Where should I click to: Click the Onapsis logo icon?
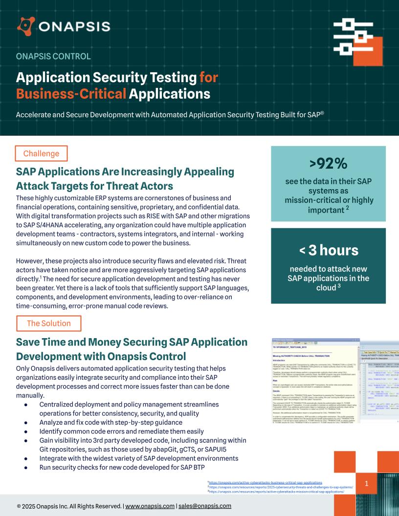pos(25,26)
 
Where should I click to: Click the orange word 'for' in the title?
pos(208,78)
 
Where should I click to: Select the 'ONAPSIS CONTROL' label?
pos(53,56)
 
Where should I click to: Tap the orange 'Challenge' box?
pos(41,153)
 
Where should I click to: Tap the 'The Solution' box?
pos(48,323)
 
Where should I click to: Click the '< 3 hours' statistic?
pos(329,250)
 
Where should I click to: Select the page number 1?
pos(366,483)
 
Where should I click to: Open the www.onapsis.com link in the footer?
pos(150,506)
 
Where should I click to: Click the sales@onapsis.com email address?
pos(205,506)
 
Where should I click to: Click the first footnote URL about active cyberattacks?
pos(266,482)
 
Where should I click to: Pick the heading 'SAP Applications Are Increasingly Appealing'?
pos(125,172)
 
